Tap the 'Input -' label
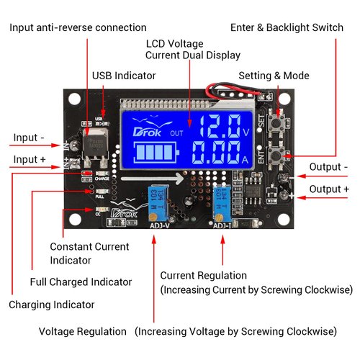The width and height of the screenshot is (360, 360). tap(31, 136)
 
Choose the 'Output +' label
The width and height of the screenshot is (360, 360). tap(328, 189)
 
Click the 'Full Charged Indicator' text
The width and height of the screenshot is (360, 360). tap(81, 282)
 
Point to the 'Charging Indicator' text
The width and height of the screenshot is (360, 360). tap(51, 305)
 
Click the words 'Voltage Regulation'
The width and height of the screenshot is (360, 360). tap(82, 332)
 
